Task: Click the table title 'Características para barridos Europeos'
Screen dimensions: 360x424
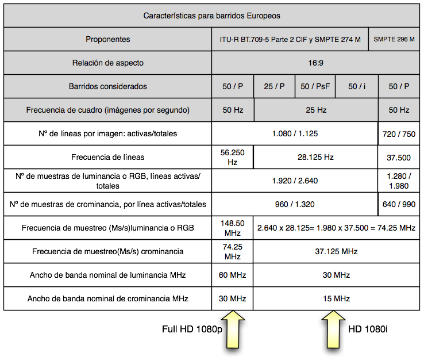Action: (211, 16)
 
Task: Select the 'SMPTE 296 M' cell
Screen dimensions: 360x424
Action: (394, 40)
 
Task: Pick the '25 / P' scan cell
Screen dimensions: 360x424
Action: (274, 86)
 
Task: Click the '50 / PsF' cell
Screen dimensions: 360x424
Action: (315, 86)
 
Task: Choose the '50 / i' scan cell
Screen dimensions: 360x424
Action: (357, 86)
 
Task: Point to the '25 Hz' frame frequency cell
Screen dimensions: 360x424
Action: (315, 110)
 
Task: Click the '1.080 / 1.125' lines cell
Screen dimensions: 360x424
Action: (295, 133)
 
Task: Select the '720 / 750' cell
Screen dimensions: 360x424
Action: (399, 133)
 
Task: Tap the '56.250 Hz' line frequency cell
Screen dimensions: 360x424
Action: (232, 157)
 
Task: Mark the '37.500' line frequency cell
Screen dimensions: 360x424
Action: (399, 157)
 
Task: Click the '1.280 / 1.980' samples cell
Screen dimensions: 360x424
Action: (399, 181)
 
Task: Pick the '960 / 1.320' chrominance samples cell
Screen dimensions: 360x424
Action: (295, 204)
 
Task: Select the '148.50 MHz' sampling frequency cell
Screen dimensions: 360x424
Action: (232, 228)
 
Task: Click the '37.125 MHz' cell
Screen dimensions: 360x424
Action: (336, 251)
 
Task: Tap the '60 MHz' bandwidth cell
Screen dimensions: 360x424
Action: (232, 275)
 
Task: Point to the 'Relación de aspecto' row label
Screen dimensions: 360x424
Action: (108, 63)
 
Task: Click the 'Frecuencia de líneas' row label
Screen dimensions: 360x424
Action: (108, 157)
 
